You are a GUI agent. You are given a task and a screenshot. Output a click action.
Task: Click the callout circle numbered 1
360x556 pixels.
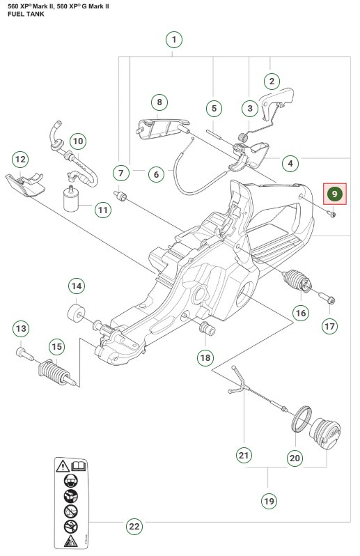pyautogui.click(x=175, y=39)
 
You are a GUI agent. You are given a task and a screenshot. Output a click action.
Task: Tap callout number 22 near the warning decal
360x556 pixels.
pyautogui.click(x=134, y=526)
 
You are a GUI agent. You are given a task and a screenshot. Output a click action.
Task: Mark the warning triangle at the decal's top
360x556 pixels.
pyautogui.click(x=63, y=465)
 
